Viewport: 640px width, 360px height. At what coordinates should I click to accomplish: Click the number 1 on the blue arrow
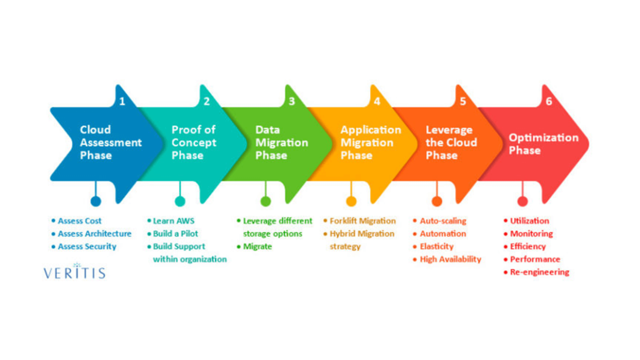coord(122,101)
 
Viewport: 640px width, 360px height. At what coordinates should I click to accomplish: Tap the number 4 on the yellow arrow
coord(377,101)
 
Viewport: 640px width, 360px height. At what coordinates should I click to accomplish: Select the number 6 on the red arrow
coord(549,101)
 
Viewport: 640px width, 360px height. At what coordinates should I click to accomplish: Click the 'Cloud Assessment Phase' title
coord(110,143)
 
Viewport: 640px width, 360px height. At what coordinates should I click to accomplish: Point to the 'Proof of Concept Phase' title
coord(194,143)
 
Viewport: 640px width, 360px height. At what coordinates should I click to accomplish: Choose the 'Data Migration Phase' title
coord(281,143)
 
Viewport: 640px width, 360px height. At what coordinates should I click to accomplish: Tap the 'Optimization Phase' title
coord(543,144)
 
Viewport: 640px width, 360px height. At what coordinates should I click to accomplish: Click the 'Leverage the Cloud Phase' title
coord(451,143)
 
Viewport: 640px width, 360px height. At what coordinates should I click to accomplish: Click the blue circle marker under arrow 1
coord(96,201)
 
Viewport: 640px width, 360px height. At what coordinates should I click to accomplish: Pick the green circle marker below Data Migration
coord(266,201)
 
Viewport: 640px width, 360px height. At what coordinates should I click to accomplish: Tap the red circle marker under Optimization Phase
coord(522,201)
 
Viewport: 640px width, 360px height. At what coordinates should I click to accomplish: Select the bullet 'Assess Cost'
coord(79,221)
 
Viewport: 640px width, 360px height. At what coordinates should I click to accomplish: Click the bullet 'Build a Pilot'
coord(175,234)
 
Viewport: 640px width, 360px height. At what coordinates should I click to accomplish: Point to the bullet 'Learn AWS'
coord(173,221)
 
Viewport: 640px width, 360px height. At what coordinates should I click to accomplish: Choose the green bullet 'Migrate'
coord(257,247)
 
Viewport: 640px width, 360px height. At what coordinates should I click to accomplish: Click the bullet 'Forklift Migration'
coord(363,221)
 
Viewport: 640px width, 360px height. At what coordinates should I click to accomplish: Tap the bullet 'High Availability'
coord(450,259)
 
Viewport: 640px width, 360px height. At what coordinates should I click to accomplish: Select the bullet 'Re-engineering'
coord(539,272)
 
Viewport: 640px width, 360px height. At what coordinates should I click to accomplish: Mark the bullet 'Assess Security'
coord(87,247)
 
